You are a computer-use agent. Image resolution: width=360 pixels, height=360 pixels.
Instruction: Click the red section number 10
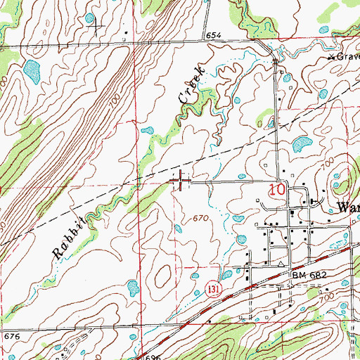(x=278, y=190)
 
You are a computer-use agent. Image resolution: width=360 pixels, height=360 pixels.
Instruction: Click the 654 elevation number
(x=214, y=35)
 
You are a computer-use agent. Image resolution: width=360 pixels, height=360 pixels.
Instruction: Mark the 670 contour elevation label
(x=202, y=220)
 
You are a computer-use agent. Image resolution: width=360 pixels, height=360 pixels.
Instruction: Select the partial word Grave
(x=347, y=56)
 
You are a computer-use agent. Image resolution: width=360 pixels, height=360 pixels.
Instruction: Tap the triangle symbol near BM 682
(x=281, y=265)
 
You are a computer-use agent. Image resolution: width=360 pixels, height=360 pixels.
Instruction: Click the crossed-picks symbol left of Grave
(x=330, y=57)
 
